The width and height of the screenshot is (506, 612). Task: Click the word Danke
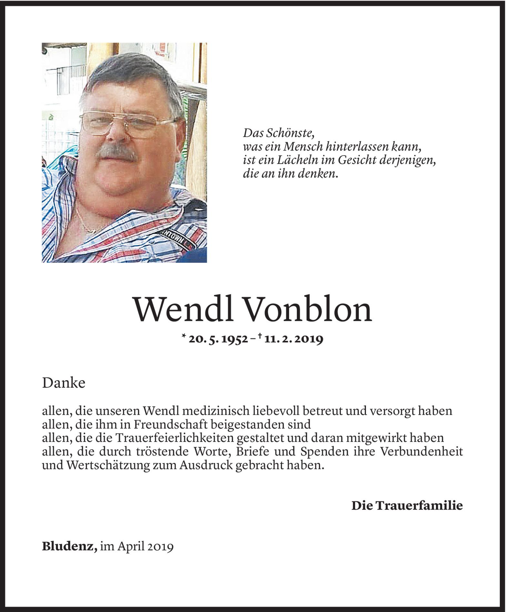pyautogui.click(x=64, y=383)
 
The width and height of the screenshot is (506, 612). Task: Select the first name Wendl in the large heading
pyautogui.click(x=183, y=310)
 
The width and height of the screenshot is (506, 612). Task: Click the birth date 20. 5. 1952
pyautogui.click(x=218, y=339)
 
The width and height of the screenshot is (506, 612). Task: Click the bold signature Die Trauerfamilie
pyautogui.click(x=407, y=506)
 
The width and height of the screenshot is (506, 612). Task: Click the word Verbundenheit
pyautogui.click(x=422, y=452)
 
